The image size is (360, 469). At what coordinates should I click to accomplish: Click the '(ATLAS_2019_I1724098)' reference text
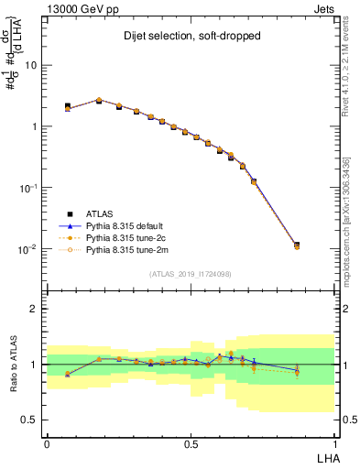190,273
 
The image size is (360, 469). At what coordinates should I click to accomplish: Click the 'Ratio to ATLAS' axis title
12,365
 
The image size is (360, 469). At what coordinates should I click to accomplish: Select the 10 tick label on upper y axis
30,66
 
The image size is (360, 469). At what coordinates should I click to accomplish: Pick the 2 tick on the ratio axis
35,309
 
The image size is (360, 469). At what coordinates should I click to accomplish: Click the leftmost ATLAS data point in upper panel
68,106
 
